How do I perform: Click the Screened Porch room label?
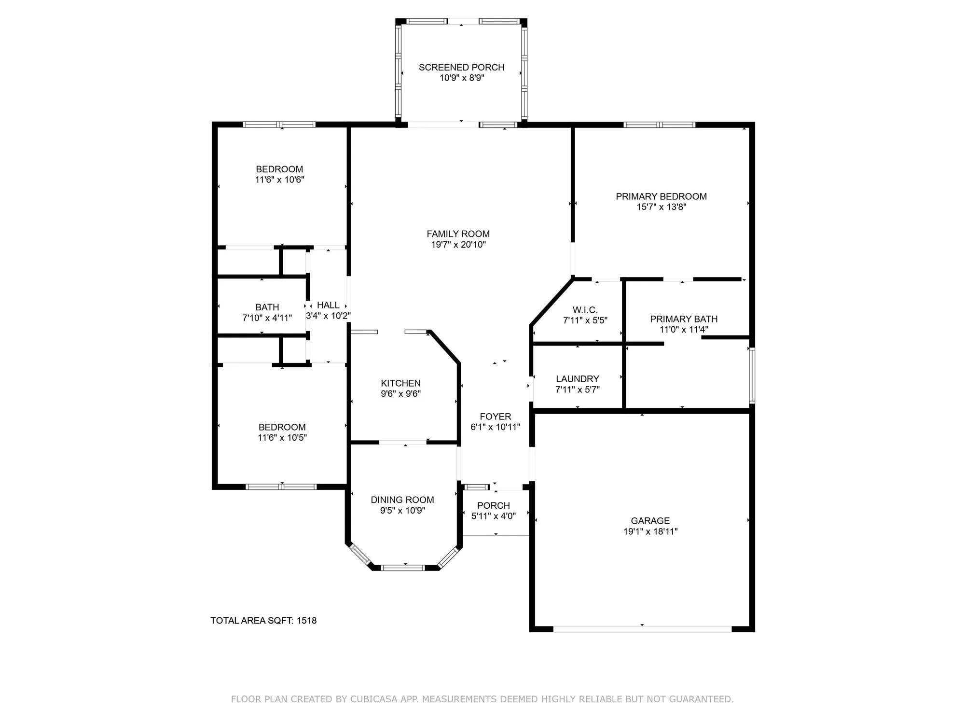point(461,67)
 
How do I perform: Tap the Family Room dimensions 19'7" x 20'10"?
point(458,245)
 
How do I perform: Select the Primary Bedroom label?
point(661,196)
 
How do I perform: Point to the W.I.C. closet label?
point(585,310)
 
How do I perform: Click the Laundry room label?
point(577,379)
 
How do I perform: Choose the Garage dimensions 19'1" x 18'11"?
point(650,531)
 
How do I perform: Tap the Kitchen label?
point(400,383)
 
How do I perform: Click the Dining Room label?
point(402,500)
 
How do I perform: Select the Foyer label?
point(495,417)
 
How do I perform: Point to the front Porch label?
point(493,505)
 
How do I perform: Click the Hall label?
point(328,305)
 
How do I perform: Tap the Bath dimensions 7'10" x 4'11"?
point(267,318)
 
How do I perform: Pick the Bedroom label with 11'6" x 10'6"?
point(279,169)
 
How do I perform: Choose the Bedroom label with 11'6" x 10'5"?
point(282,427)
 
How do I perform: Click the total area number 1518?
point(306,621)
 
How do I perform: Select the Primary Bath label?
point(683,319)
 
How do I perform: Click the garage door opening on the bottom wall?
point(642,629)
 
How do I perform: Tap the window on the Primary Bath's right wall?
point(751,375)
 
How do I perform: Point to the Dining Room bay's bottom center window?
point(402,568)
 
